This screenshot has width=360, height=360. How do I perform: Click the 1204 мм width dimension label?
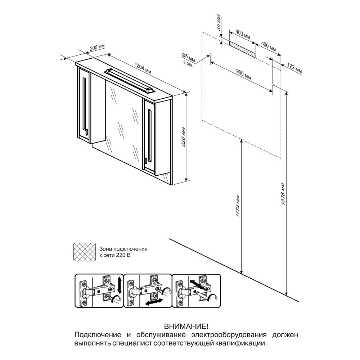(x=143, y=69)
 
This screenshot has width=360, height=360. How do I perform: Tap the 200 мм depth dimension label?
(x=97, y=48)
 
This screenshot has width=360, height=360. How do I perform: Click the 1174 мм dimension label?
(x=238, y=206)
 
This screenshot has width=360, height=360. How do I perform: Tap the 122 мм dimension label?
(x=294, y=69)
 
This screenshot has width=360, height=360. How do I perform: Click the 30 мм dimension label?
(x=219, y=22)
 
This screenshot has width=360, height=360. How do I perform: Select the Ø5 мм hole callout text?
(x=189, y=58)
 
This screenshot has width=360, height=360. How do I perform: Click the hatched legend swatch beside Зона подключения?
(x=85, y=252)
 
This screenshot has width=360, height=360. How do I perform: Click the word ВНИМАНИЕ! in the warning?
(x=186, y=326)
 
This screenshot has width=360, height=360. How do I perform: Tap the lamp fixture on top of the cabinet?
(x=130, y=80)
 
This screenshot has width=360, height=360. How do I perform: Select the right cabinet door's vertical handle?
(x=150, y=136)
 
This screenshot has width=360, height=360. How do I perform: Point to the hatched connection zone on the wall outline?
(x=242, y=49)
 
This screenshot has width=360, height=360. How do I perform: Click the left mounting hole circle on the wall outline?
(x=211, y=55)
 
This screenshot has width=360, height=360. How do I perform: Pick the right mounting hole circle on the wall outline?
(x=273, y=85)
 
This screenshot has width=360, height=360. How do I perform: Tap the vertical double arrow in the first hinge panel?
(x=119, y=285)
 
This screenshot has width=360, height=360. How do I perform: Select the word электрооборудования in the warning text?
(x=229, y=335)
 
